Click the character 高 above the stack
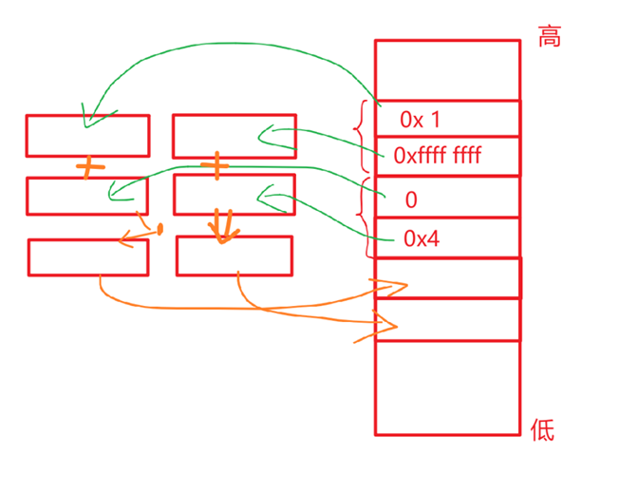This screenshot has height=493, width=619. click(x=549, y=37)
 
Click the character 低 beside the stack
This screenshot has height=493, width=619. click(x=542, y=431)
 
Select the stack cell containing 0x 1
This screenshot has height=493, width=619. click(x=447, y=119)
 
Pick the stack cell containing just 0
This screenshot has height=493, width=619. click(x=447, y=198)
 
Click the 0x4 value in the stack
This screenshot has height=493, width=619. click(x=422, y=238)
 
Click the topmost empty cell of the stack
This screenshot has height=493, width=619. click(x=447, y=69)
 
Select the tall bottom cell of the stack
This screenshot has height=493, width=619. click(x=447, y=388)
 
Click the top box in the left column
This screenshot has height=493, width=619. click(x=87, y=135)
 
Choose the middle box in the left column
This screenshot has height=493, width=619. click(x=87, y=195)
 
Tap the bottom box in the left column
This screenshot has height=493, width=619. click(x=87, y=256)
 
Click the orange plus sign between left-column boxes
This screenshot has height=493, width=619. click(x=87, y=168)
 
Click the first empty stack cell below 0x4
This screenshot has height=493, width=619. click(x=447, y=277)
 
